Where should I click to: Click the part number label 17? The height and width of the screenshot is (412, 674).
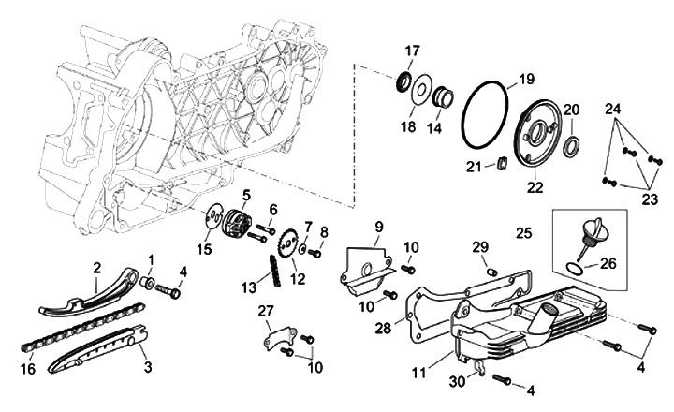point(412,51)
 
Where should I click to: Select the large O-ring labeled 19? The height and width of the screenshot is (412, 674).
point(462,115)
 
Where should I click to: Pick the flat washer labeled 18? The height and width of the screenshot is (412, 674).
point(419,90)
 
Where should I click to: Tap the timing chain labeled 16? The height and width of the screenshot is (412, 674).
point(81,326)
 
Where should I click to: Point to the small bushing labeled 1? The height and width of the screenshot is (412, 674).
point(148,283)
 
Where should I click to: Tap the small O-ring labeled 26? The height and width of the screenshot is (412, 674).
point(574,268)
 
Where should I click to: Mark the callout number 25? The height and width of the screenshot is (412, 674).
point(524,233)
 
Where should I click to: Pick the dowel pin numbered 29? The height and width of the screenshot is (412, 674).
point(493,272)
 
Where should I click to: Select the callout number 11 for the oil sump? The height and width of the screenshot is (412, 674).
point(418,373)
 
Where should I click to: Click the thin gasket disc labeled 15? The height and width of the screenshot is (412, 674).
point(213,217)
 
